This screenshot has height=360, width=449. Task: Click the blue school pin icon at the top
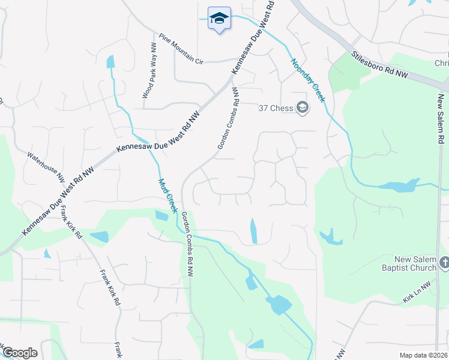(219, 19)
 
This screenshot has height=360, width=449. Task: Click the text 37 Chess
(276, 108)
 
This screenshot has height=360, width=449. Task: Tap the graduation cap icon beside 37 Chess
(303, 108)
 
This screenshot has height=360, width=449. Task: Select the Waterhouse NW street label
(46, 166)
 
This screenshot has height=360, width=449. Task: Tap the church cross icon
(444, 262)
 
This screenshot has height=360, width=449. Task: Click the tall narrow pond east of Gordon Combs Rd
(254, 231)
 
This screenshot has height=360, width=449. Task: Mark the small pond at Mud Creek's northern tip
(110, 62)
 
